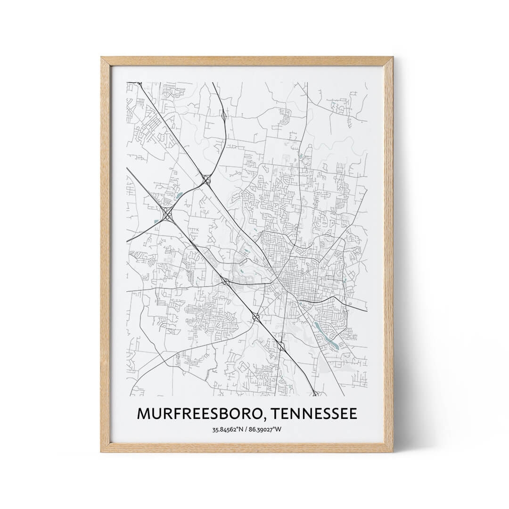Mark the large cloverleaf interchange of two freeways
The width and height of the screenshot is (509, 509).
coord(167,214)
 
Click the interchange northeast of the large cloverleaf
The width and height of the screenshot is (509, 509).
coord(206,179)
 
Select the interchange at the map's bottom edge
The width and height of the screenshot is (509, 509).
coord(315,393)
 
